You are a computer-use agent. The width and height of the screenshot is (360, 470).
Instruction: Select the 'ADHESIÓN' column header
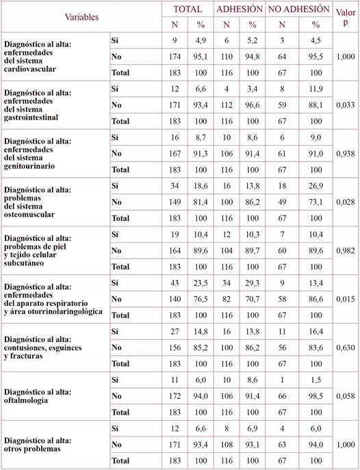click(x=239, y=10)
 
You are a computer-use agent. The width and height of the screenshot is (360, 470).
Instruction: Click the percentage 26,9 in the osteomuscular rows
click(x=316, y=187)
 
